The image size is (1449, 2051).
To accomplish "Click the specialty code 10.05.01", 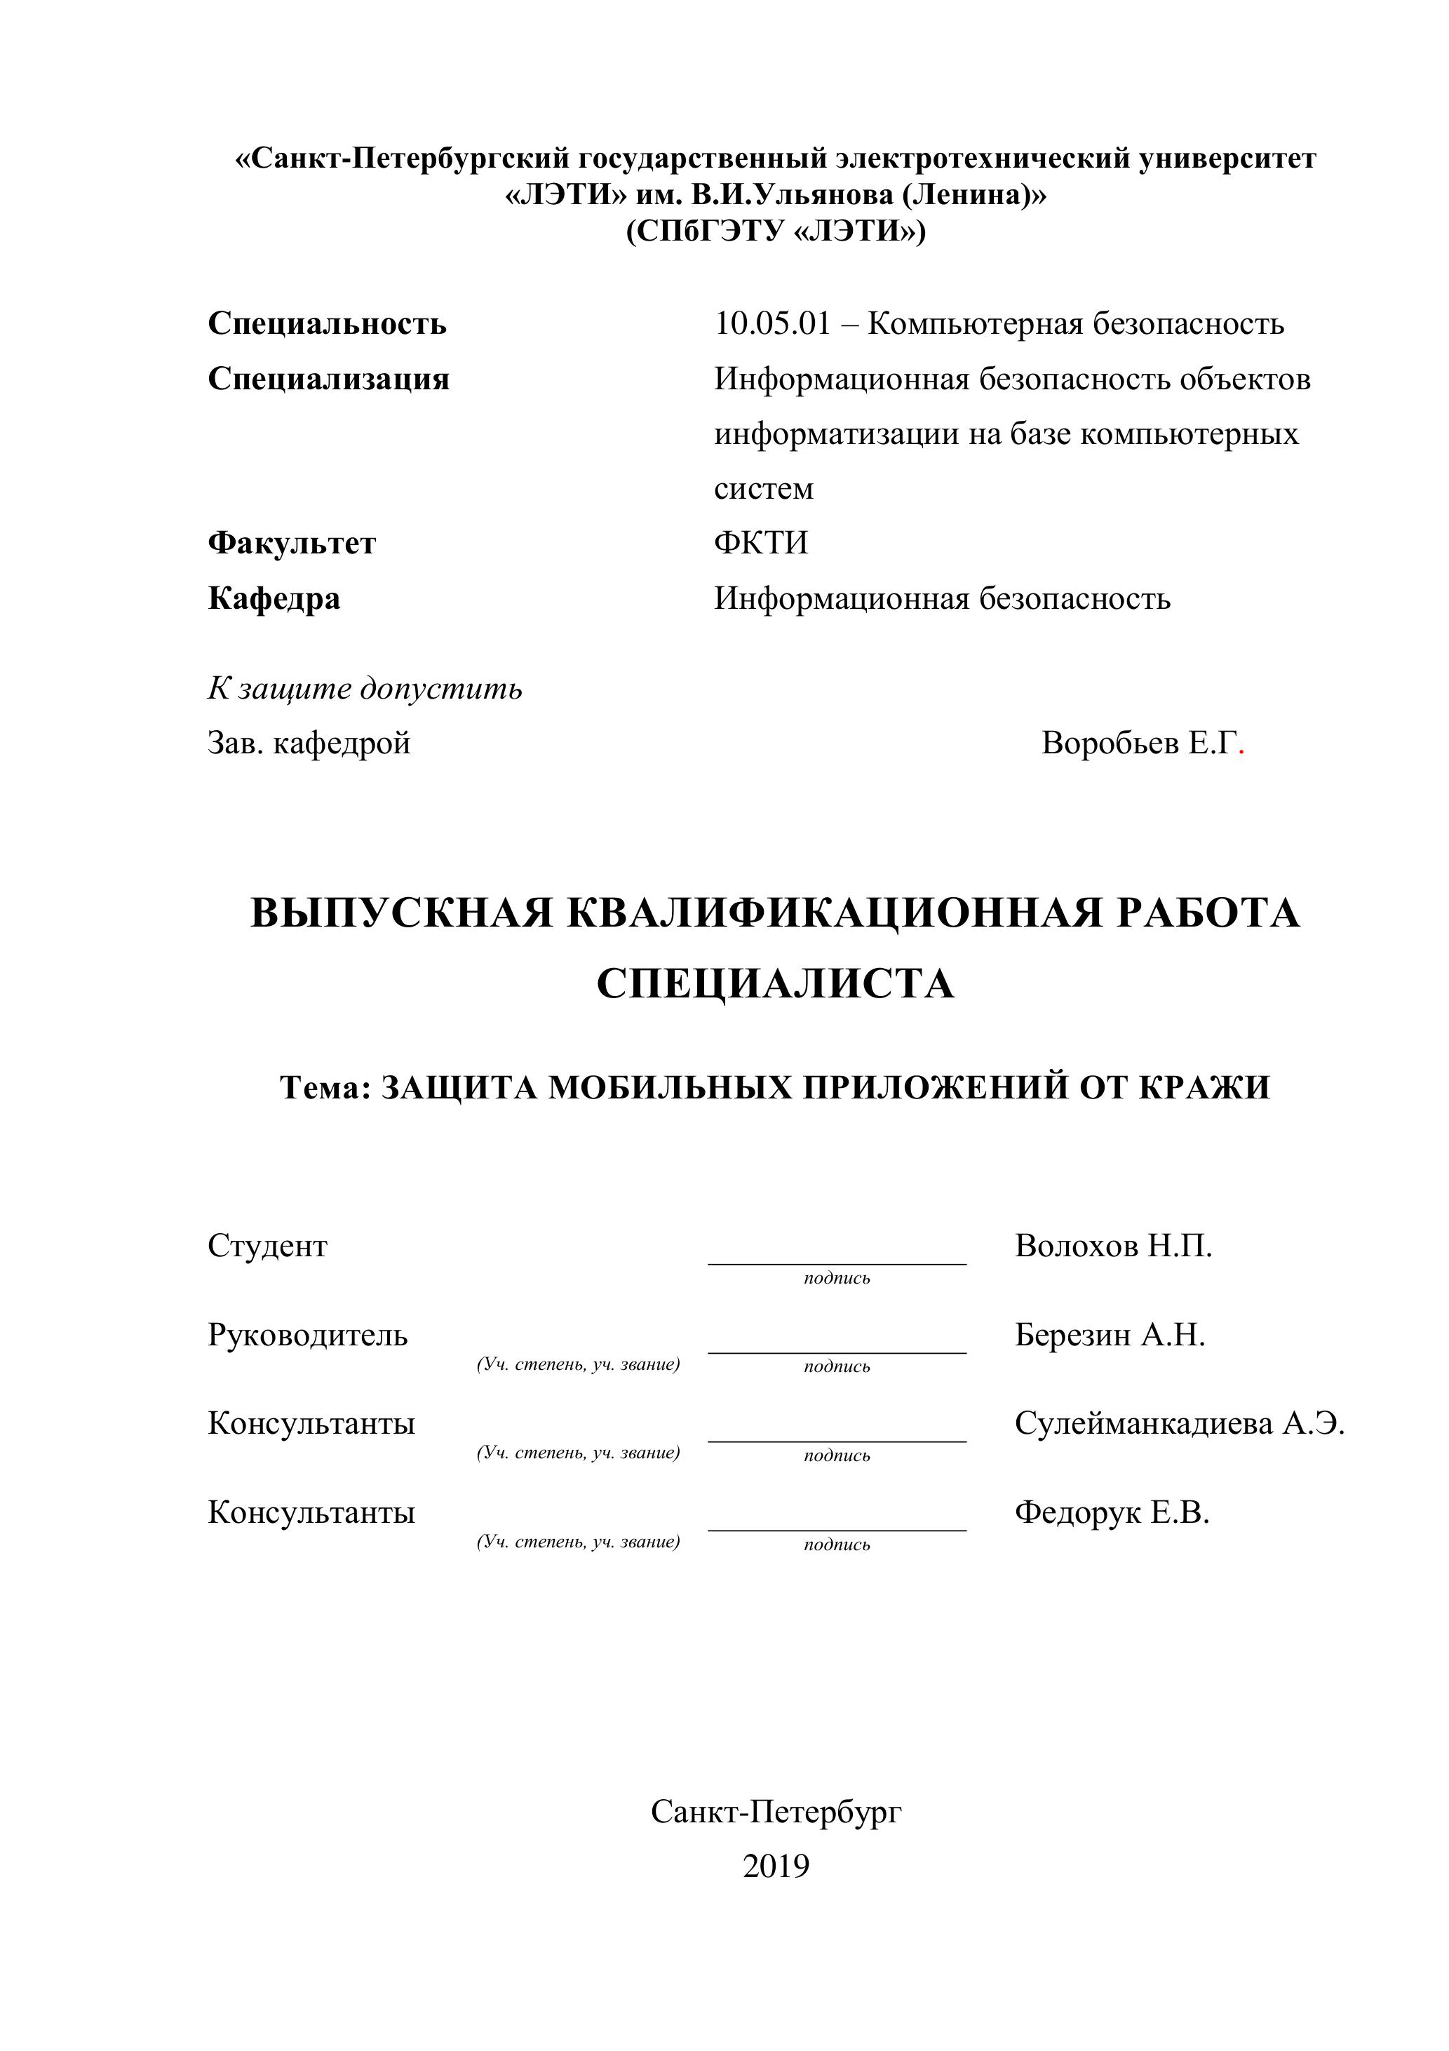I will tap(772, 323).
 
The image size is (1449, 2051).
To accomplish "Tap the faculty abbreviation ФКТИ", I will tap(760, 543).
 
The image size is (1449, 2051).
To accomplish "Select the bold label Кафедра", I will tap(274, 598).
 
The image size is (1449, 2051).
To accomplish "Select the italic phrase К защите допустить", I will tap(365, 689).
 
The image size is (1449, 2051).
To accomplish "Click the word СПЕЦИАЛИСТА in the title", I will tap(774, 983).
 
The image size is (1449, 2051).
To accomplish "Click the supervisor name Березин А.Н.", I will tap(1110, 1335).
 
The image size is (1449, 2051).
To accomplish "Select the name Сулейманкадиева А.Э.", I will tap(1179, 1423).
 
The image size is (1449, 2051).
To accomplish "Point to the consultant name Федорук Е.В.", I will tap(1112, 1512).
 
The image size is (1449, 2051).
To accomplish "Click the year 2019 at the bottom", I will tap(776, 1866).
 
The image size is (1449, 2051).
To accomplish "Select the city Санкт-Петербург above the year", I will tap(776, 1812).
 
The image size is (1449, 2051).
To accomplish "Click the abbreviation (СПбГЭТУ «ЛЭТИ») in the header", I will tap(776, 231).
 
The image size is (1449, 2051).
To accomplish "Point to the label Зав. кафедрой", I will tap(309, 744).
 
